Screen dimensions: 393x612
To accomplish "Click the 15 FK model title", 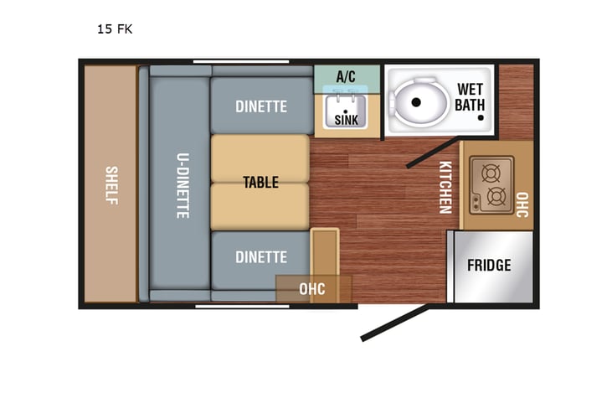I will [x=115, y=29].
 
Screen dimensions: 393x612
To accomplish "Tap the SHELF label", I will [x=111, y=184].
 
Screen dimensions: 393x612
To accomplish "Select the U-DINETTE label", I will [x=182, y=185].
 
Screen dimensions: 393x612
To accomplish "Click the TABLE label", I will [x=260, y=182].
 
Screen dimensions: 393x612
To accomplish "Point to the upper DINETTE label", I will [x=260, y=106].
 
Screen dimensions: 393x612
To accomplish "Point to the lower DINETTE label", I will [x=260, y=257].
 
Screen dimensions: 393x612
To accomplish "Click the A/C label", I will [x=346, y=76].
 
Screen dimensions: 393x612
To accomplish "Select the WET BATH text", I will [x=470, y=97].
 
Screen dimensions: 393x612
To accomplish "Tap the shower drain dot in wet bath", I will [x=481, y=119].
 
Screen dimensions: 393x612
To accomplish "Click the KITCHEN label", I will [x=445, y=187].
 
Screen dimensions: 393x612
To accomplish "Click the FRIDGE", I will [x=489, y=266].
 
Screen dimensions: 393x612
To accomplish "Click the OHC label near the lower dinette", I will [x=312, y=289].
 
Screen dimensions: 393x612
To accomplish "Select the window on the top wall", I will [x=241, y=61].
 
